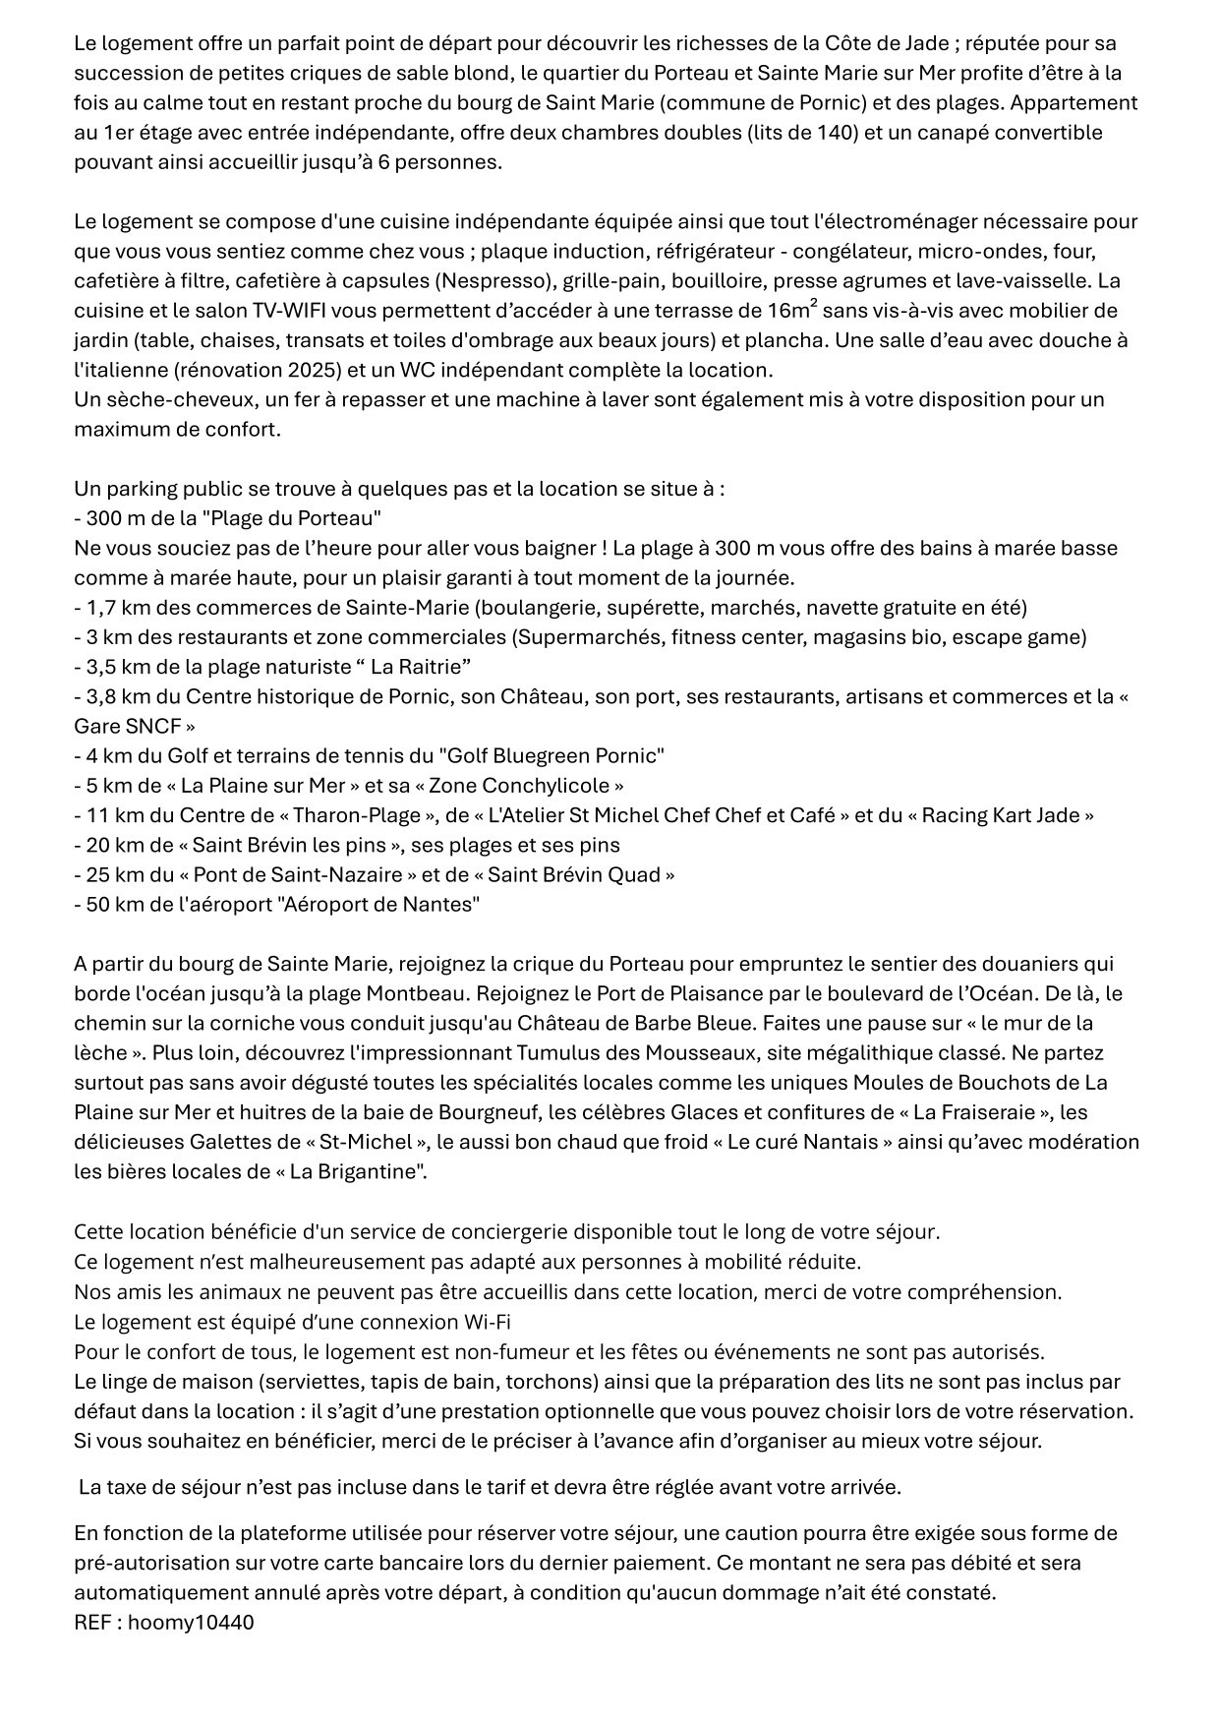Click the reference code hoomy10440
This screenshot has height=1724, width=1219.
[191, 1622]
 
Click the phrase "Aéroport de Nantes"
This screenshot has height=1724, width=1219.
[380, 904]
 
